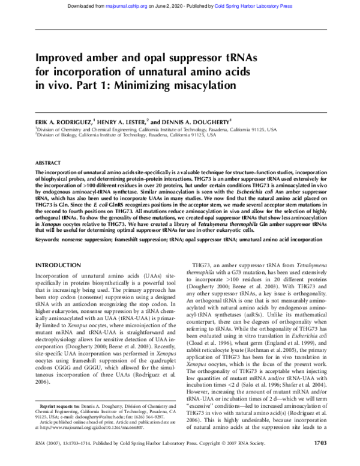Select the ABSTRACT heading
pos(49,163)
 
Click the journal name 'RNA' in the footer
pos(41,459)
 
